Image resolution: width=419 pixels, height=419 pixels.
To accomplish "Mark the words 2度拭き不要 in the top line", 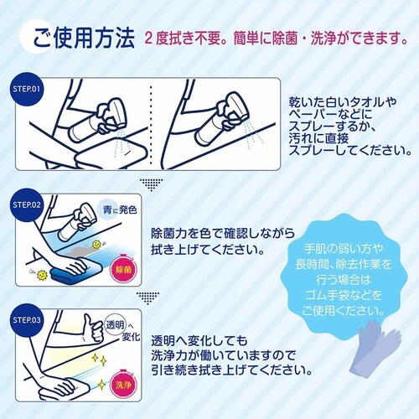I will click(185, 38).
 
